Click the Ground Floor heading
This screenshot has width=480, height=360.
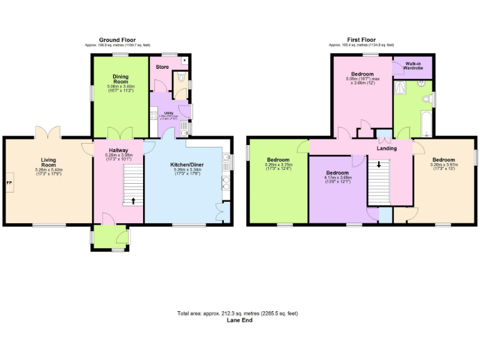(117, 40)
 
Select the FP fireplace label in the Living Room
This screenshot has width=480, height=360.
(9, 182)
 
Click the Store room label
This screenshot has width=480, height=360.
(162, 67)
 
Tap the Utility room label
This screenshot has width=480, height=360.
(168, 112)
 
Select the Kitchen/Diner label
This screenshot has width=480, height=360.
(186, 165)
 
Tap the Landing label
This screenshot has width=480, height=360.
(386, 148)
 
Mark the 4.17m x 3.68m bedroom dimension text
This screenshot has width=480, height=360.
(338, 180)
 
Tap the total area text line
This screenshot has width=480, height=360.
(241, 312)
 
